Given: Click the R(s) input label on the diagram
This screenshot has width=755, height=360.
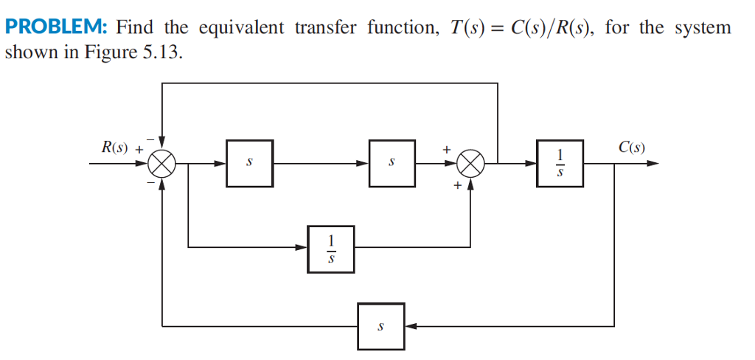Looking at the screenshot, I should pyautogui.click(x=114, y=146).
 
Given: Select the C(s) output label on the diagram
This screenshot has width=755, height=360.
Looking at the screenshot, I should pyautogui.click(x=632, y=146).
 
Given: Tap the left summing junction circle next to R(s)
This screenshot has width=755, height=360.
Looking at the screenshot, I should pyautogui.click(x=161, y=163).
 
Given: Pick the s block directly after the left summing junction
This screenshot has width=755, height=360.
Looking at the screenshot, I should pyautogui.click(x=250, y=163).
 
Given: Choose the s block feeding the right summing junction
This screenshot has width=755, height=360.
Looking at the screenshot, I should pyautogui.click(x=392, y=163).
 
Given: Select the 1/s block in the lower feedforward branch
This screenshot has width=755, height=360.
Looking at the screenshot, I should pyautogui.click(x=331, y=249).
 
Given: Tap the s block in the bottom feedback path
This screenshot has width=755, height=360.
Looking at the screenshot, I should pyautogui.click(x=381, y=325).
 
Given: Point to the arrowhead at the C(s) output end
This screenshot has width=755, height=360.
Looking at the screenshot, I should pyautogui.click(x=652, y=163).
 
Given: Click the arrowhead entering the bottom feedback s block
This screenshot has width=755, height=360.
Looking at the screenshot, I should pyautogui.click(x=410, y=325).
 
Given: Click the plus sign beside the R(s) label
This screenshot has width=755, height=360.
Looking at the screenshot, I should pyautogui.click(x=138, y=148).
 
